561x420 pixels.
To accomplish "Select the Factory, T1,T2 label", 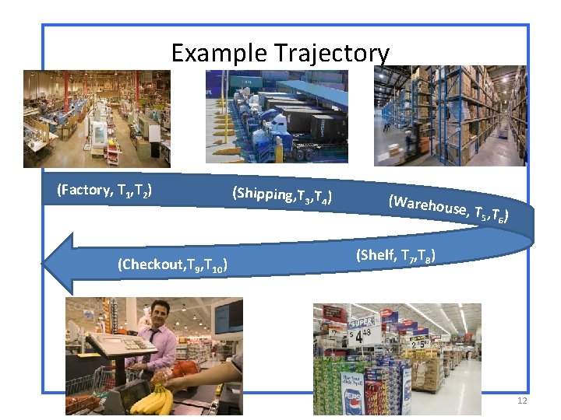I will point(104,190).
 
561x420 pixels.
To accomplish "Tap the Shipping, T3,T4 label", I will point(282,195).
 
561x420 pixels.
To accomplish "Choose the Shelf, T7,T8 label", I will point(396,254).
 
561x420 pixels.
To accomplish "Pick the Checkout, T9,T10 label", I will point(171,265).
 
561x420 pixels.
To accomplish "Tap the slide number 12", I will point(521,401).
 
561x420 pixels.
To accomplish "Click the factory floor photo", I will point(97,118).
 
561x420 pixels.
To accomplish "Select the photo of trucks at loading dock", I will point(277,117).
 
